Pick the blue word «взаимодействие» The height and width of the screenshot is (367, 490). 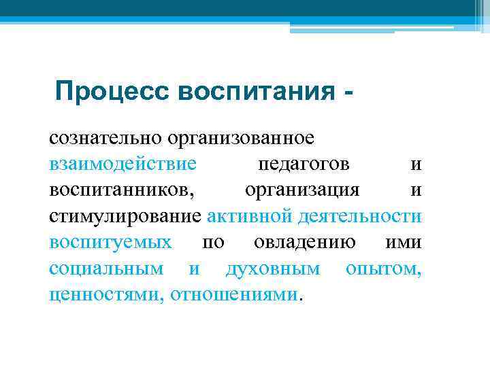(122, 164)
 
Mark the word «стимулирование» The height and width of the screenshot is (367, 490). (125, 216)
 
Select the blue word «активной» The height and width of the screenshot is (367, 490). (249, 216)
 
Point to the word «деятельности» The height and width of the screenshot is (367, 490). (359, 216)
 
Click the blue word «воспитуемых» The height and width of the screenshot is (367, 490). (110, 242)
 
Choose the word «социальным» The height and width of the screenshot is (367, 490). (106, 268)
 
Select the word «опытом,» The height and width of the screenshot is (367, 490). (383, 268)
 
